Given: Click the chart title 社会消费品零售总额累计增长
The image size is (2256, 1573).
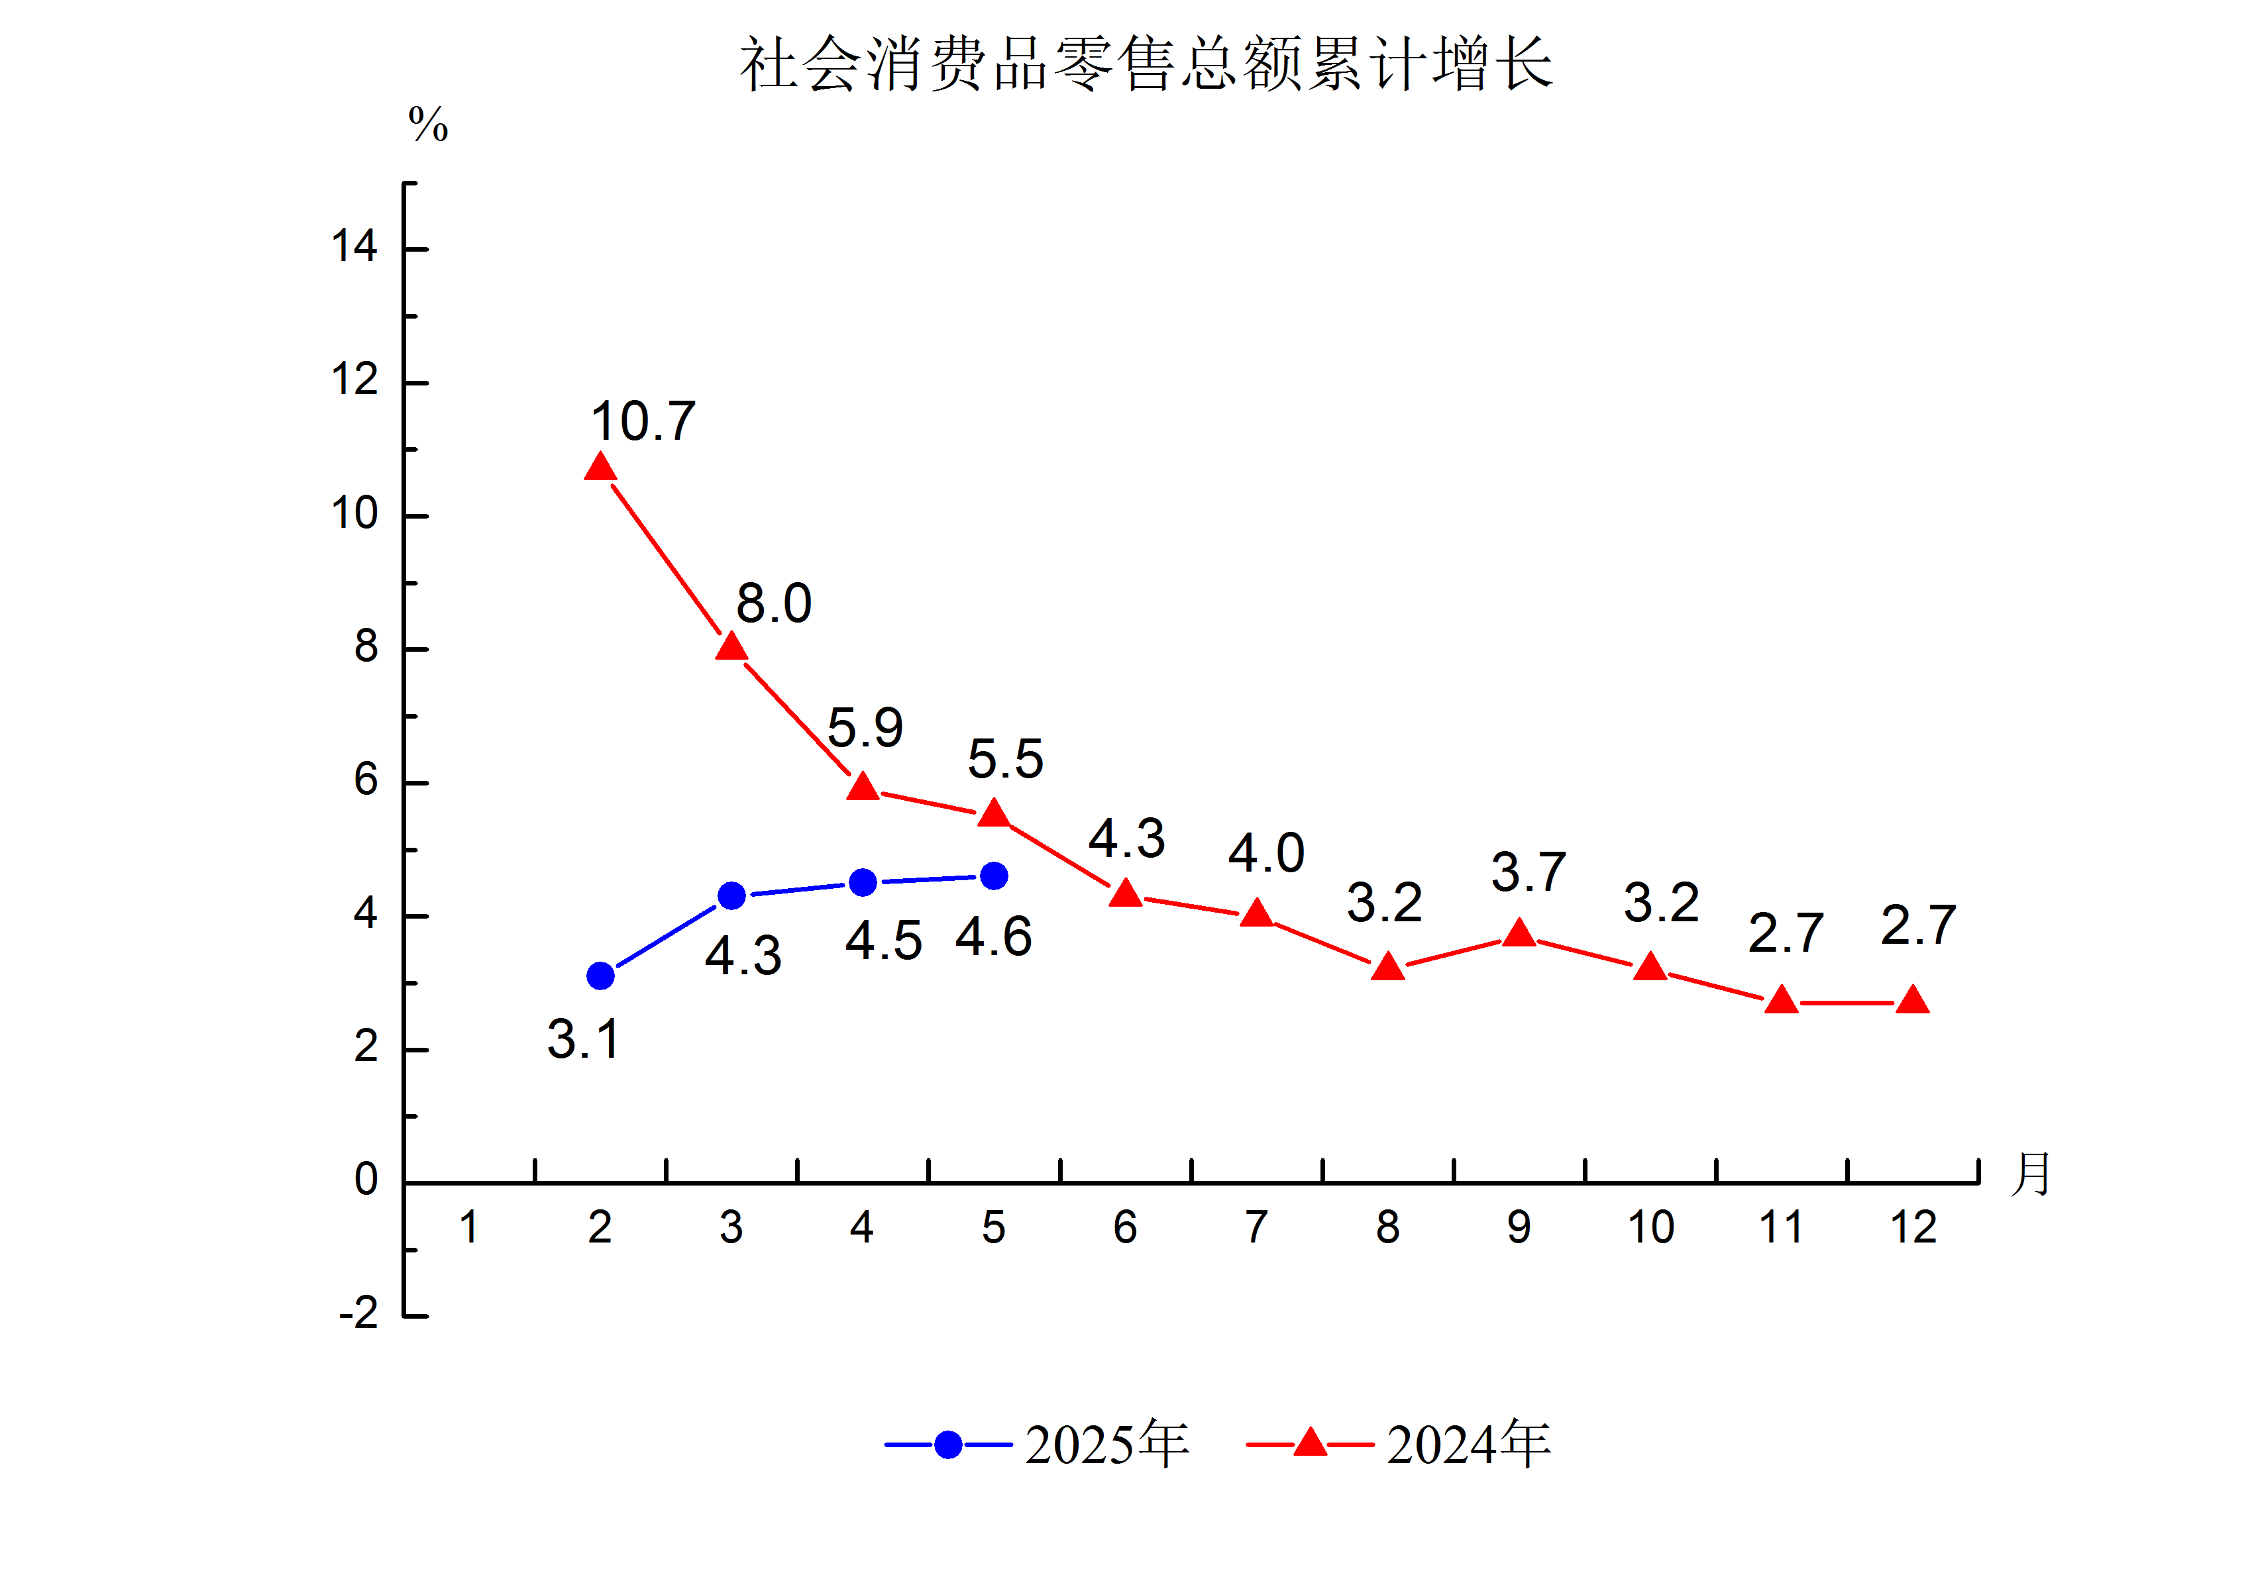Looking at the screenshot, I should pos(1146,65).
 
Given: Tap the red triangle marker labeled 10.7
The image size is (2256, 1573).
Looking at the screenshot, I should pos(600,468).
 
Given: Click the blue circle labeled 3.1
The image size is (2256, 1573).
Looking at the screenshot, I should pos(600,976).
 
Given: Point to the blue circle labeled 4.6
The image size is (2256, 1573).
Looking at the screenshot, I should pos(994,876).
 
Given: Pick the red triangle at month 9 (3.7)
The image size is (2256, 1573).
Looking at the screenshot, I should pos(1519,933).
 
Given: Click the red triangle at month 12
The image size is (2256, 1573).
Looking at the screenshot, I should pos(1913,1001).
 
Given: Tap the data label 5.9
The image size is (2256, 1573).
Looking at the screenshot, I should pos(865,728).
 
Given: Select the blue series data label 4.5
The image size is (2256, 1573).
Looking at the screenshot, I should pos(883,941).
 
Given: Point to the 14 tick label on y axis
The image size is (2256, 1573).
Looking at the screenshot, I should pos(354,246).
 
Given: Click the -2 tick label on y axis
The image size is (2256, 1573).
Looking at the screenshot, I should pos(358,1313).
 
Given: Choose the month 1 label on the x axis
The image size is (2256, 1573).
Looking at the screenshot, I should pos(468,1228).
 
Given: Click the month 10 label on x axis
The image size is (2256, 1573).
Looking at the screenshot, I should pos(1650,1228).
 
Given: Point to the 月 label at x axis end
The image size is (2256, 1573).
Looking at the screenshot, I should pos(2031,1175).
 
